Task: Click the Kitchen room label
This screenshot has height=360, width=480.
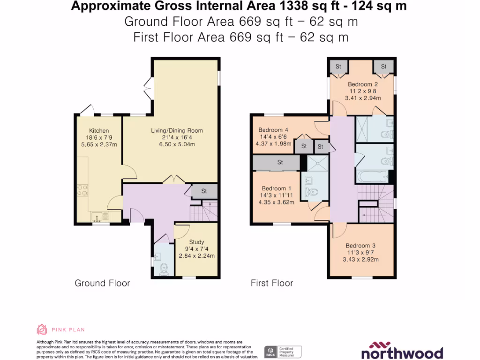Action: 99,131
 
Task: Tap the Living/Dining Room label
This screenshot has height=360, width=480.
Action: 177,130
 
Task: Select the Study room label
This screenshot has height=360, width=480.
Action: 197,242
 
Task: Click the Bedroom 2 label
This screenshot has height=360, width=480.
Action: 360,84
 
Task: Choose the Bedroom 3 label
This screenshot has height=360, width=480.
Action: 361,246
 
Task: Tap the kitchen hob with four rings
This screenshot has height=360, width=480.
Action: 82,189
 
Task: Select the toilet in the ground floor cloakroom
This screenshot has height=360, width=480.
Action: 164,269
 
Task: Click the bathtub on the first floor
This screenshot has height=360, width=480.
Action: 371,177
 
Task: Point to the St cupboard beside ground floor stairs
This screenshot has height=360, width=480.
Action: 204,191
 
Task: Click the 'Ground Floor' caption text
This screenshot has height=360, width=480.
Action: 102,283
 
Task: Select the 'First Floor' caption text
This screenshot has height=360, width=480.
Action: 272,283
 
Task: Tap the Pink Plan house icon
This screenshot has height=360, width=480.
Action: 42,330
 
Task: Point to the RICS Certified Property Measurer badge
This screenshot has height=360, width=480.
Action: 283,352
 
